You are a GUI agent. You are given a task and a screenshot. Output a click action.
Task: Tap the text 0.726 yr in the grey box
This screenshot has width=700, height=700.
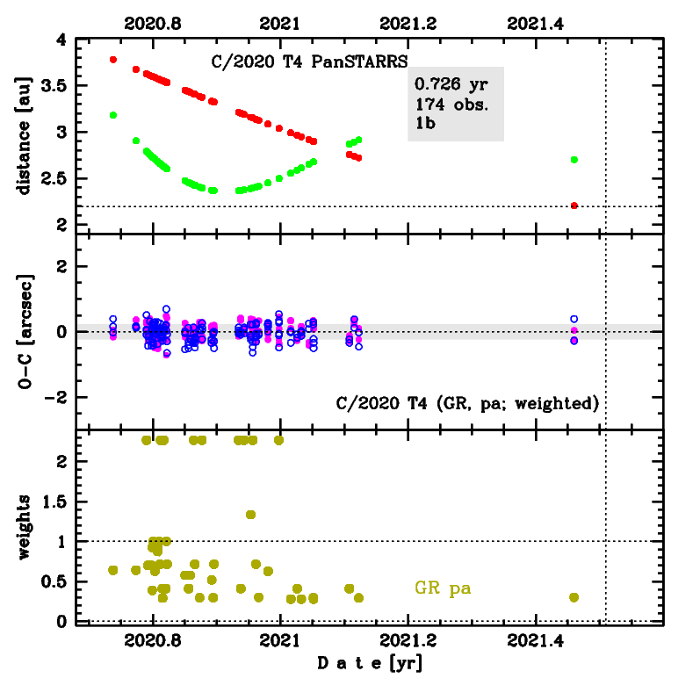tap(451, 85)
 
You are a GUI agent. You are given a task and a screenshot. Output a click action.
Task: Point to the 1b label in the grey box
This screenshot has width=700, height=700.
tap(426, 123)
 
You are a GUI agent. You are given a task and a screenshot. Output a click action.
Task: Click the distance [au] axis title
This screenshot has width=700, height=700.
tap(25, 134)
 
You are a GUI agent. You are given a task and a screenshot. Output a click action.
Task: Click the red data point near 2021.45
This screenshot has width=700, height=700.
tap(574, 206)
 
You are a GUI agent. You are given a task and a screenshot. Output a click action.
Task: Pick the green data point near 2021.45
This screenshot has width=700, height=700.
tap(574, 159)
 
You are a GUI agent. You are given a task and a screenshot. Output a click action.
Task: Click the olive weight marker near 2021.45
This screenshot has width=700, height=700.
tap(574, 597)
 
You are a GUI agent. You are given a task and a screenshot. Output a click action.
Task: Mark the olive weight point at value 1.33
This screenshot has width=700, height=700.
tap(250, 515)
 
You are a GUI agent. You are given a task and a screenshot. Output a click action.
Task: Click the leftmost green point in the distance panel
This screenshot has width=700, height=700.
tap(113, 115)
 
